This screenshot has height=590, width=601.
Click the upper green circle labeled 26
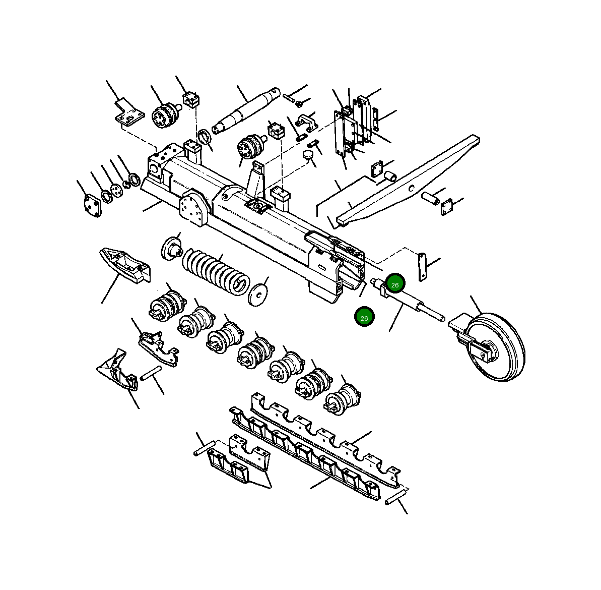tap(395, 284)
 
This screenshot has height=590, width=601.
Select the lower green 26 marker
tap(364, 317)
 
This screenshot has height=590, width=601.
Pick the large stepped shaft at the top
tap(247, 110)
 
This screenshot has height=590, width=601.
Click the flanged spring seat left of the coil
tap(171, 249)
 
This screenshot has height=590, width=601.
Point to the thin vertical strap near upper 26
tap(422, 267)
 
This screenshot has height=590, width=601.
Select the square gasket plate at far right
tap(446, 207)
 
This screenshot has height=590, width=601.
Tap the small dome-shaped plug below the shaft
tap(309, 154)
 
